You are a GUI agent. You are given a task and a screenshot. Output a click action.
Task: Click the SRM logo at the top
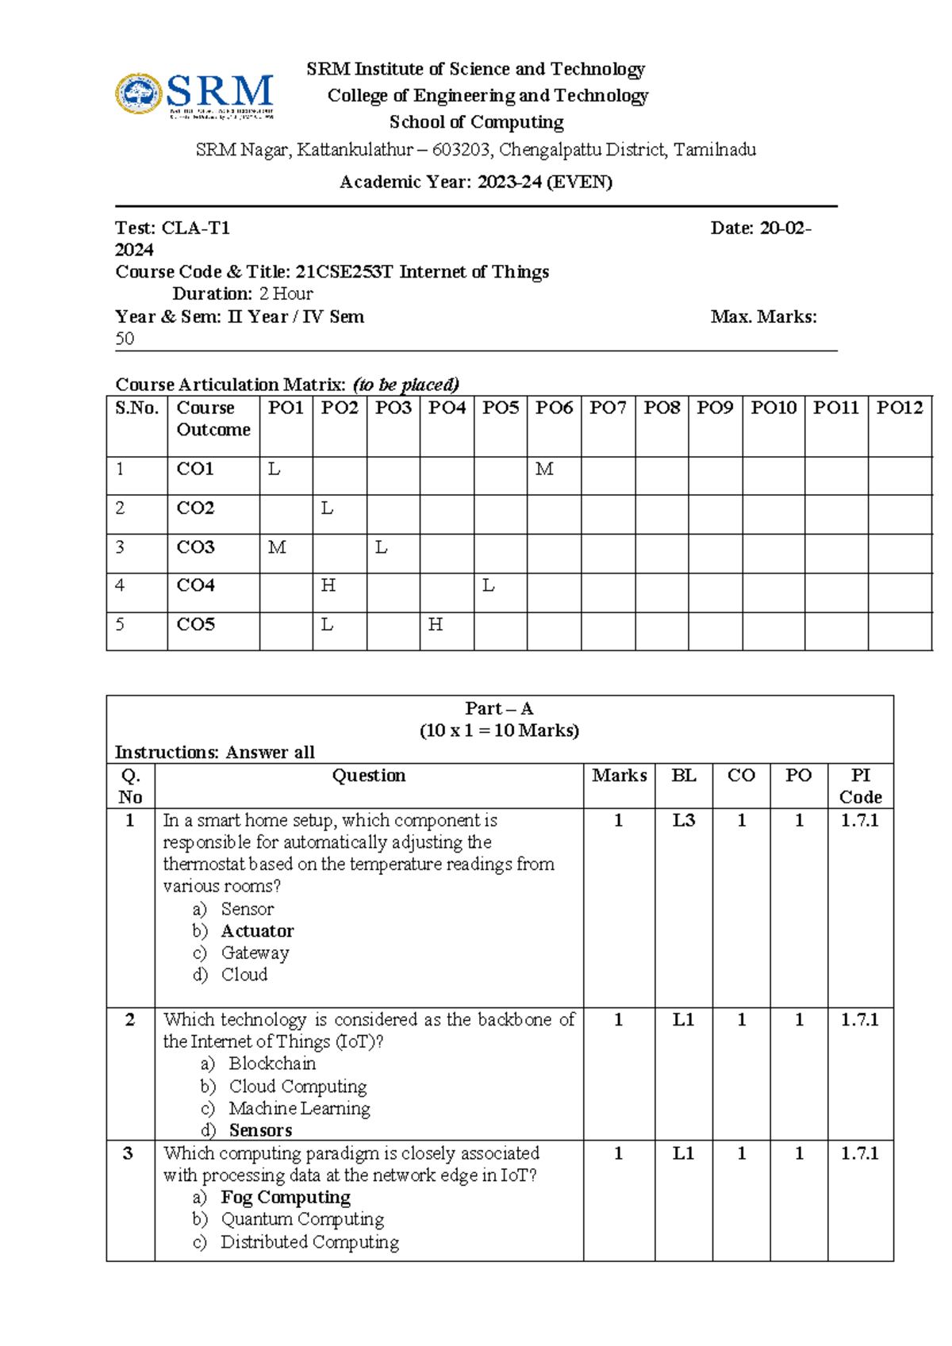click(195, 95)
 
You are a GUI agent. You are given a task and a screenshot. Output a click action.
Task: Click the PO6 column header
click(554, 408)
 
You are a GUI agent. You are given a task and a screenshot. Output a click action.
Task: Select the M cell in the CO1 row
click(544, 470)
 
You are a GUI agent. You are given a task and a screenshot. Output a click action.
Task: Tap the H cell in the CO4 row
click(328, 586)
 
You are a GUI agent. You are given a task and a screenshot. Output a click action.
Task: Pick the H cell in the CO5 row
click(436, 625)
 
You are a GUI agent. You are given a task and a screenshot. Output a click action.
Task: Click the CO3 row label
click(196, 547)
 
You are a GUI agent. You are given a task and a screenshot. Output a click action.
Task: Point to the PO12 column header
click(900, 408)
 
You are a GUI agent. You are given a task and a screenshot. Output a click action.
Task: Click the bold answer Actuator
click(257, 931)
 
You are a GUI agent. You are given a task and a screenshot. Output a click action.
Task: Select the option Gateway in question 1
click(255, 953)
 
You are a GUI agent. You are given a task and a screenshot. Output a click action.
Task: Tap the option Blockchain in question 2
click(272, 1064)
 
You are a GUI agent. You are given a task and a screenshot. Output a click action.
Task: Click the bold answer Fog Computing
click(286, 1197)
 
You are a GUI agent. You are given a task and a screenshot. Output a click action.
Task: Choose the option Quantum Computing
click(302, 1219)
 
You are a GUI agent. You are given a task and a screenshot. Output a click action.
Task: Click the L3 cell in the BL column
click(683, 821)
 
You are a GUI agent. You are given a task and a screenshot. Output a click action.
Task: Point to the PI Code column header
click(860, 786)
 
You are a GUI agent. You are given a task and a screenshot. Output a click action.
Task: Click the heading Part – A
click(499, 709)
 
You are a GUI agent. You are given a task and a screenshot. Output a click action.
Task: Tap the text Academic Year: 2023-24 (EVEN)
click(476, 182)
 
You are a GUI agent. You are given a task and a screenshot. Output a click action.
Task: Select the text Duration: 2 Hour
click(243, 293)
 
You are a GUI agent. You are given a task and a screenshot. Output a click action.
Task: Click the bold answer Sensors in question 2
click(260, 1130)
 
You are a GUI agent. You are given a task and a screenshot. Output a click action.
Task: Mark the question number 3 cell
click(129, 1154)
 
